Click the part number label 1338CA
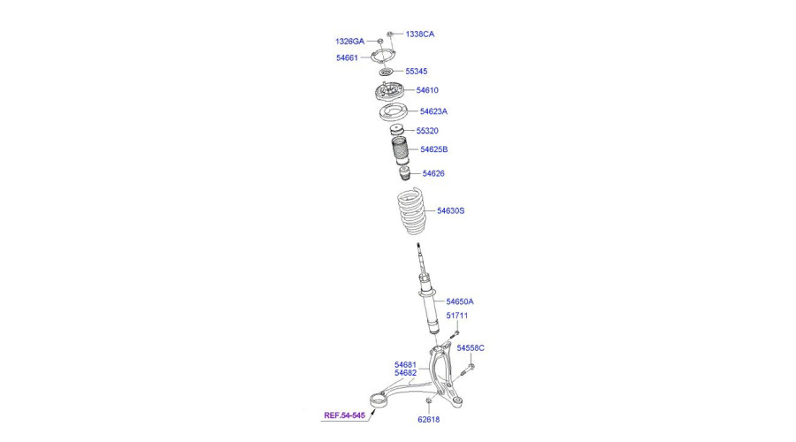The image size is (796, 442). tap(420, 34)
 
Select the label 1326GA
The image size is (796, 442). tap(349, 41)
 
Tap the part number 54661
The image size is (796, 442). tap(348, 57)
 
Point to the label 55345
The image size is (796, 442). tap(417, 71)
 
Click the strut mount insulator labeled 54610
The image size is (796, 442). tap(389, 92)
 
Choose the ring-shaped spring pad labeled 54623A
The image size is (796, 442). tap(393, 112)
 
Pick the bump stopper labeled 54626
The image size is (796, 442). tap(405, 173)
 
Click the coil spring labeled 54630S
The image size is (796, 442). tap(411, 211)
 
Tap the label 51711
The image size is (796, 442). tap(457, 315)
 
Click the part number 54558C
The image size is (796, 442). tap(471, 347)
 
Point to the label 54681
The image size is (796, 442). tap(405, 364)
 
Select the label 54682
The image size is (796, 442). tap(405, 373)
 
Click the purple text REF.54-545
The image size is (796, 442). tap(345, 415)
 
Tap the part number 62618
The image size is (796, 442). tap(428, 419)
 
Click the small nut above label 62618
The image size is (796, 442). tap(428, 401)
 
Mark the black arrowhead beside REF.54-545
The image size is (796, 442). tap(372, 412)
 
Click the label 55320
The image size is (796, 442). tap(427, 131)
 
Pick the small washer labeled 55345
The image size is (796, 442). tap(387, 72)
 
